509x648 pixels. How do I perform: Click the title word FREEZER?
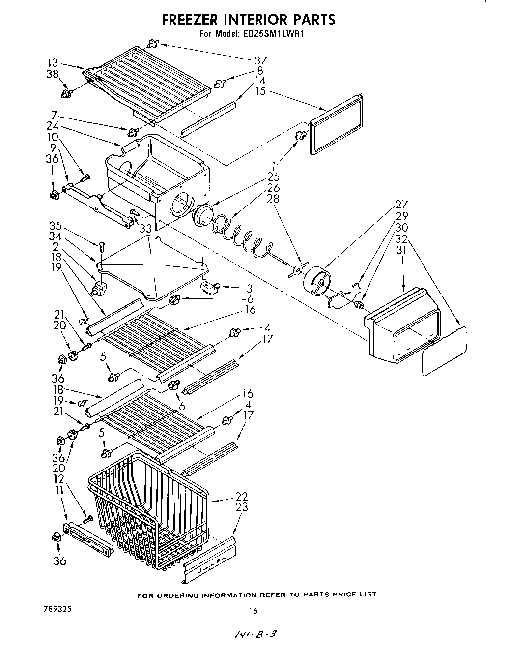192,19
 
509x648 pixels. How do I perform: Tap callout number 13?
53,63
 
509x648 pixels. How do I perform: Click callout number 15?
260,91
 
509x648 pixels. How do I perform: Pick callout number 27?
401,205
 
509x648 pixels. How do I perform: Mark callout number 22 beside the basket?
241,497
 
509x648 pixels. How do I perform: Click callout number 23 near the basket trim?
241,507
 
